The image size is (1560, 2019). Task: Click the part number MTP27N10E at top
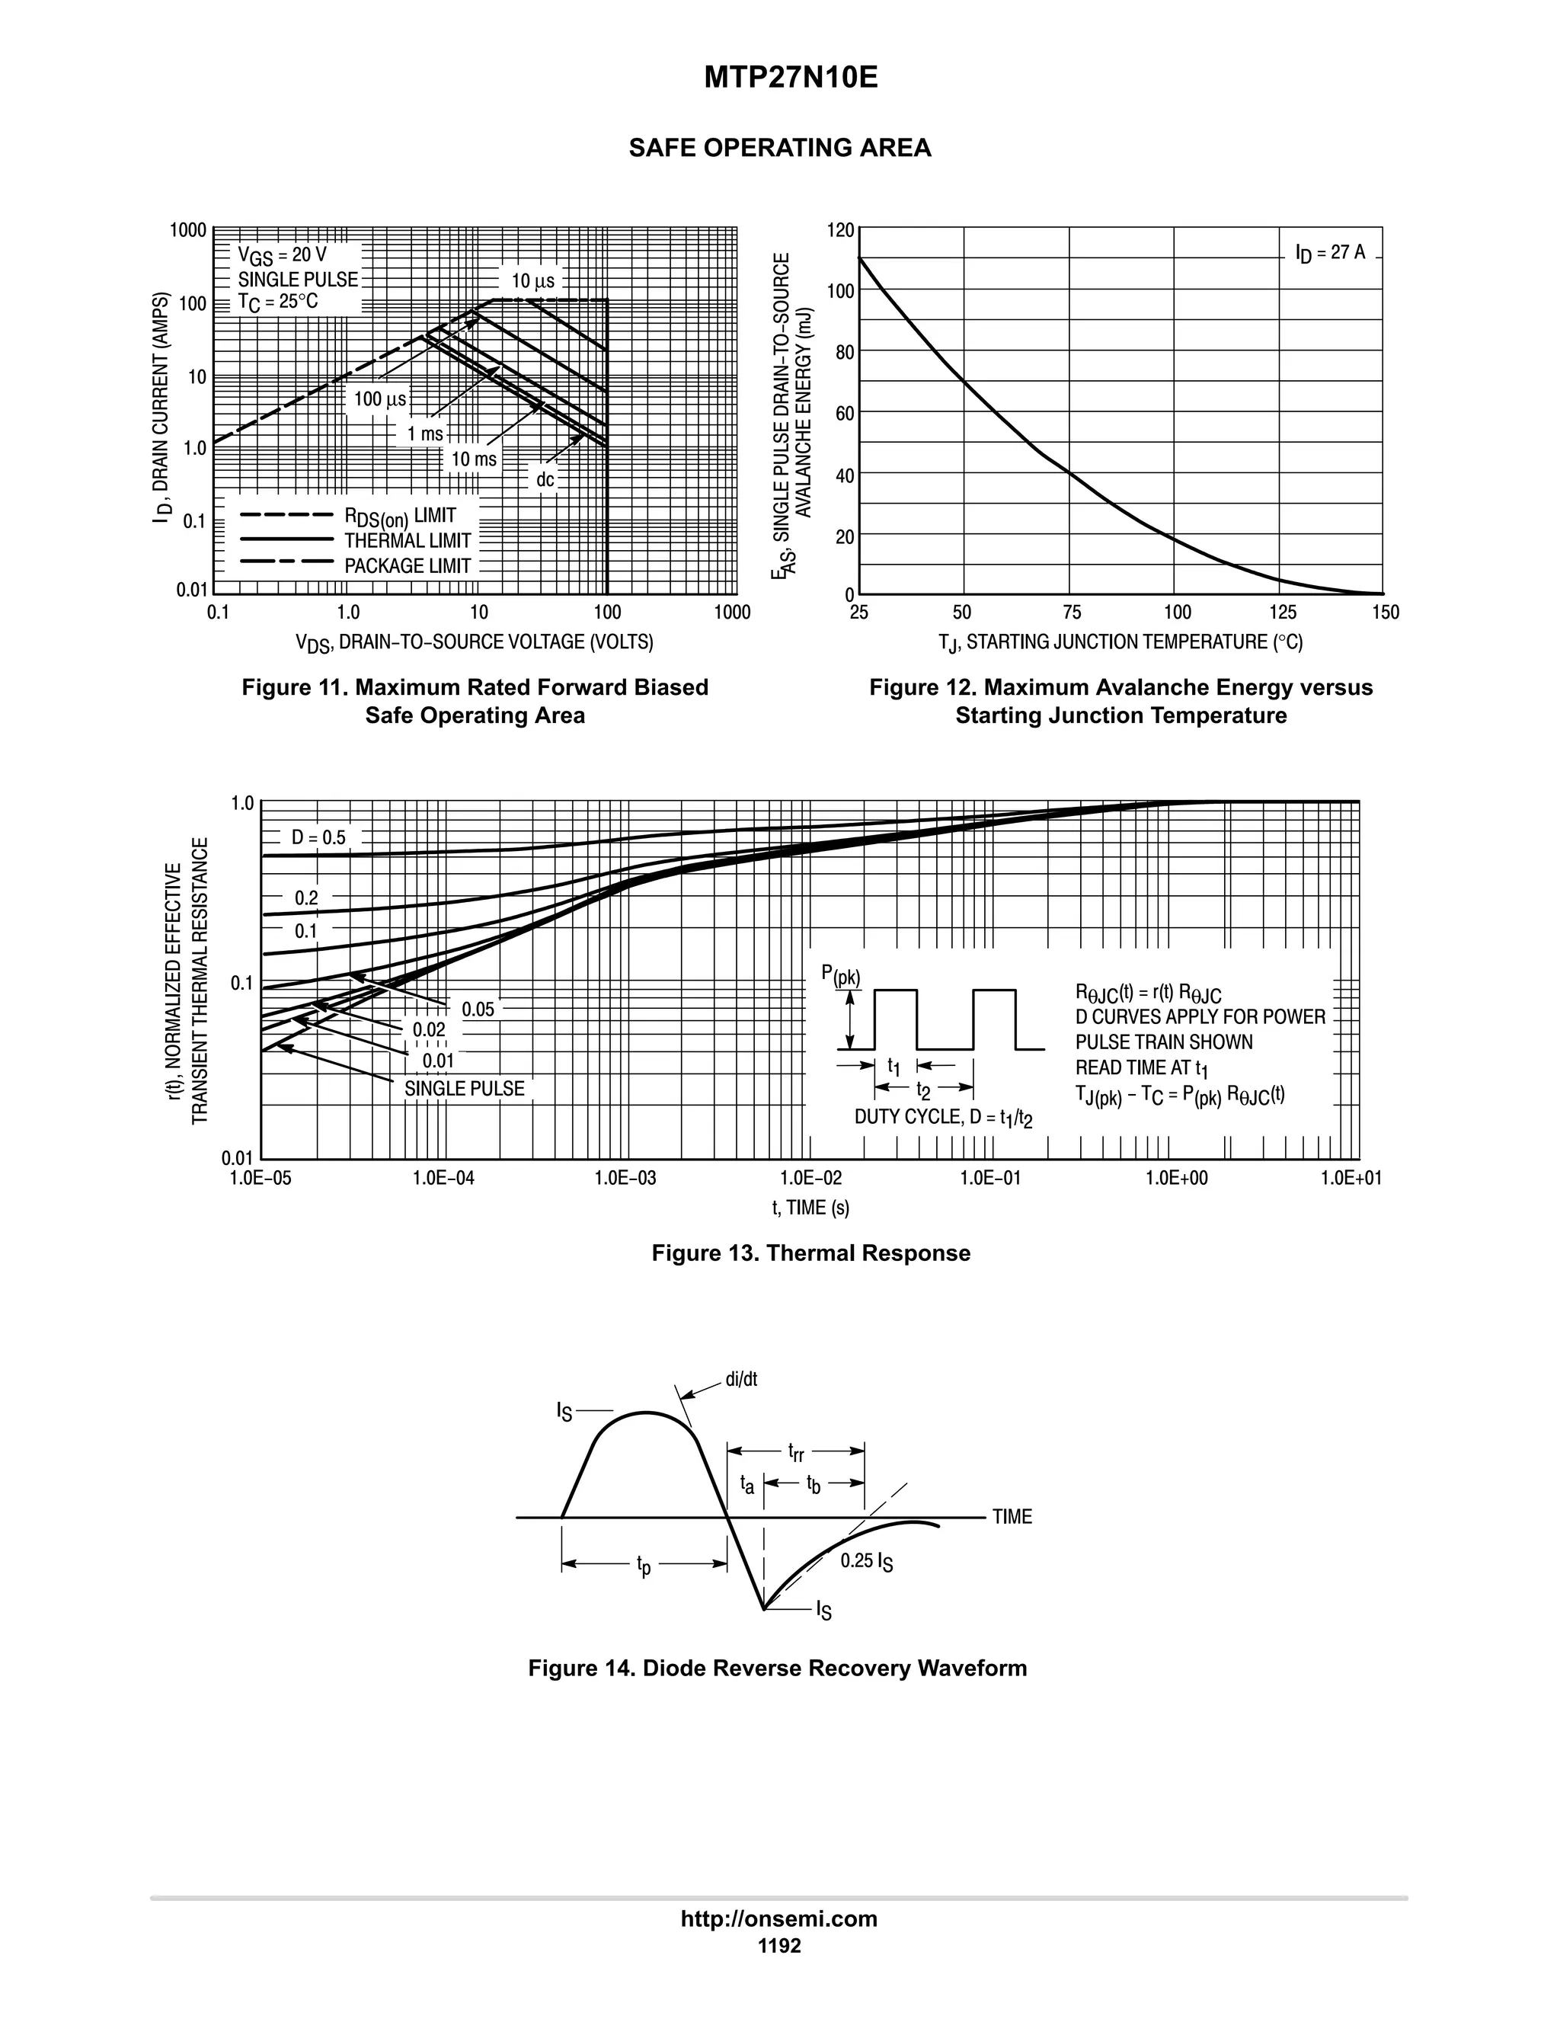click(x=790, y=78)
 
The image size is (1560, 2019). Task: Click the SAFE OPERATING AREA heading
click(x=779, y=148)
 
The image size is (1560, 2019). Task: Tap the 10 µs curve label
click(x=532, y=281)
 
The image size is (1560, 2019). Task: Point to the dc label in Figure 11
click(x=545, y=480)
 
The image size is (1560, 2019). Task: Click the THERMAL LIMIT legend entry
click(x=408, y=541)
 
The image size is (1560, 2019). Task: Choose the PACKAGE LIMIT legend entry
click(x=408, y=566)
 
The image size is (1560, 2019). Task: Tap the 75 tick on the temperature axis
click(x=1071, y=612)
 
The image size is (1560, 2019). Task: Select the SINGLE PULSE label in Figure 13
click(x=464, y=1089)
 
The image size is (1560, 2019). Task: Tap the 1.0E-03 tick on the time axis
click(x=625, y=1178)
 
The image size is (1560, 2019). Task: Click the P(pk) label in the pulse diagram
click(x=840, y=974)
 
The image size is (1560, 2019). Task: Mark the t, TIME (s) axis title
click(x=810, y=1208)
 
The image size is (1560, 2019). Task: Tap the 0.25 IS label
click(x=866, y=1561)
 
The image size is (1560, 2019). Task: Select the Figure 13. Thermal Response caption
click(x=810, y=1253)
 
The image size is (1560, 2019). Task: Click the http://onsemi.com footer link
click(x=778, y=1919)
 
